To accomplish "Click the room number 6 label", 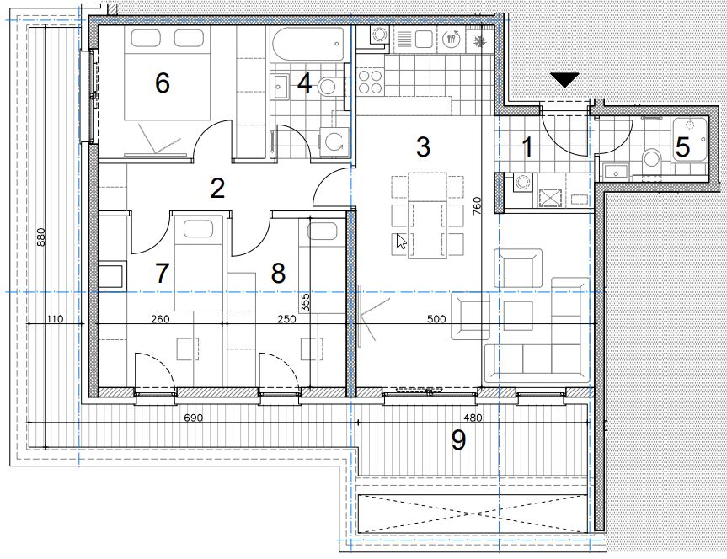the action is click(163, 83).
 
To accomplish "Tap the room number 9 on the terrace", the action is click(458, 440).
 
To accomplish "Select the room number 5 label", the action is click(682, 147).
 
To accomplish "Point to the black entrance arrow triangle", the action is click(564, 80).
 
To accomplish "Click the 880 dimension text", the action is click(40, 237).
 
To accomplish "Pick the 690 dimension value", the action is click(194, 418).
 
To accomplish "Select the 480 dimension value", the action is click(473, 418).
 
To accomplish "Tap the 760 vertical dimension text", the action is click(477, 205).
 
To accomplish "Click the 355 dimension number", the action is click(305, 302).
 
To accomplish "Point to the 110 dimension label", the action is click(55, 319).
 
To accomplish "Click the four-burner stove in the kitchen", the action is click(371, 82).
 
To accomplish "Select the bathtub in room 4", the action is click(307, 44).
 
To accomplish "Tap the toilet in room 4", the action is click(330, 86).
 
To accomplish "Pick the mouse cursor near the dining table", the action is click(401, 241).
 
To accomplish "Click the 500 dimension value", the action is click(436, 319).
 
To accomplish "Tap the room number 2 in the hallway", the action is click(217, 189).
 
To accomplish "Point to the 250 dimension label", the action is click(286, 319).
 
